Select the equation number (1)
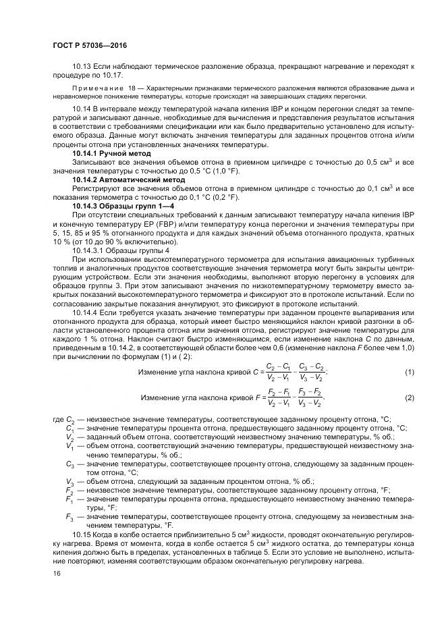[x=409, y=373]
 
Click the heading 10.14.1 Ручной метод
[x=111, y=153]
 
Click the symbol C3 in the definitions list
[x=69, y=464]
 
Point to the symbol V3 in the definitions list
[x=69, y=481]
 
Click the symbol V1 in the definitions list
[x=69, y=446]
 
